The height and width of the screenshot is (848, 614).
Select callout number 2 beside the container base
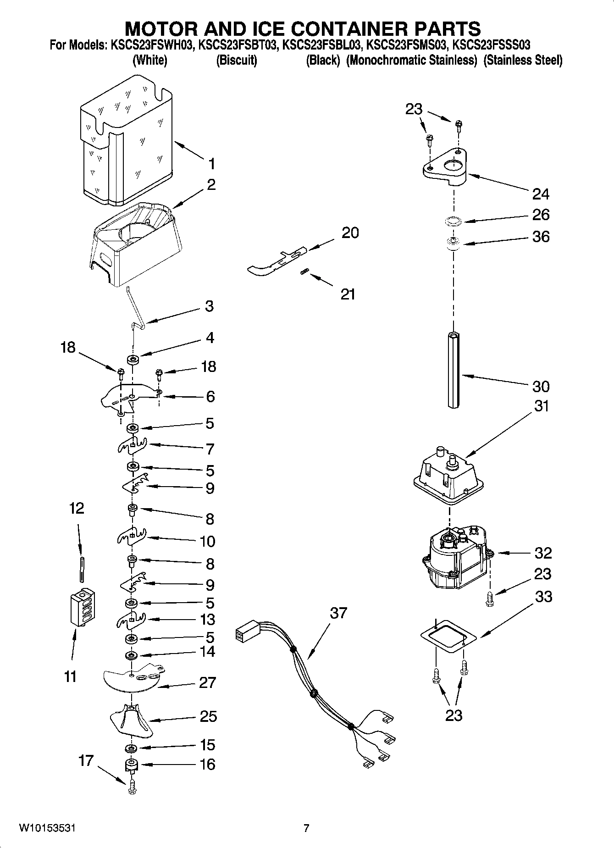pos(211,185)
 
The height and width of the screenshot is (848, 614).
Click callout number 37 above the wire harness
pos(338,613)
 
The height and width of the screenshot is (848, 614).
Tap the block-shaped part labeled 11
pos(83,607)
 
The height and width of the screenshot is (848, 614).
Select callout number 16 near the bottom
pos(208,765)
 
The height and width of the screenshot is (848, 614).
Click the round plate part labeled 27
pos(133,679)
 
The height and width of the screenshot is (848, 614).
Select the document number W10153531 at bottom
pos(47,828)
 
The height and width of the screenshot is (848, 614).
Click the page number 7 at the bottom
pos(306,828)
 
